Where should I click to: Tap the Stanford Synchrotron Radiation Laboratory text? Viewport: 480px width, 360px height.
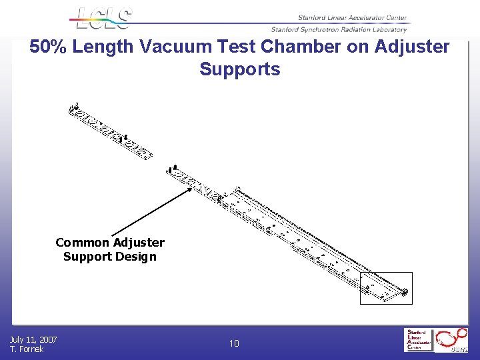point(339,29)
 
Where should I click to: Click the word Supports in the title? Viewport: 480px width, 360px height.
point(239,69)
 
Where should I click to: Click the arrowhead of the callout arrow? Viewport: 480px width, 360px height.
point(190,189)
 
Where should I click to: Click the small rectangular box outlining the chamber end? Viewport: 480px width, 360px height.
point(386,288)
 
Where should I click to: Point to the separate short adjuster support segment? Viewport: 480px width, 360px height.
point(110,130)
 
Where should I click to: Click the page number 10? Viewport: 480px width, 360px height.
point(234,344)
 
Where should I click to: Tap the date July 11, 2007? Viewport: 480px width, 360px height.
point(33,340)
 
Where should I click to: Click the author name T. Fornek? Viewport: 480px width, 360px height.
point(27,349)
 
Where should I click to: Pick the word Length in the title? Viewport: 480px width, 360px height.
point(105,47)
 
